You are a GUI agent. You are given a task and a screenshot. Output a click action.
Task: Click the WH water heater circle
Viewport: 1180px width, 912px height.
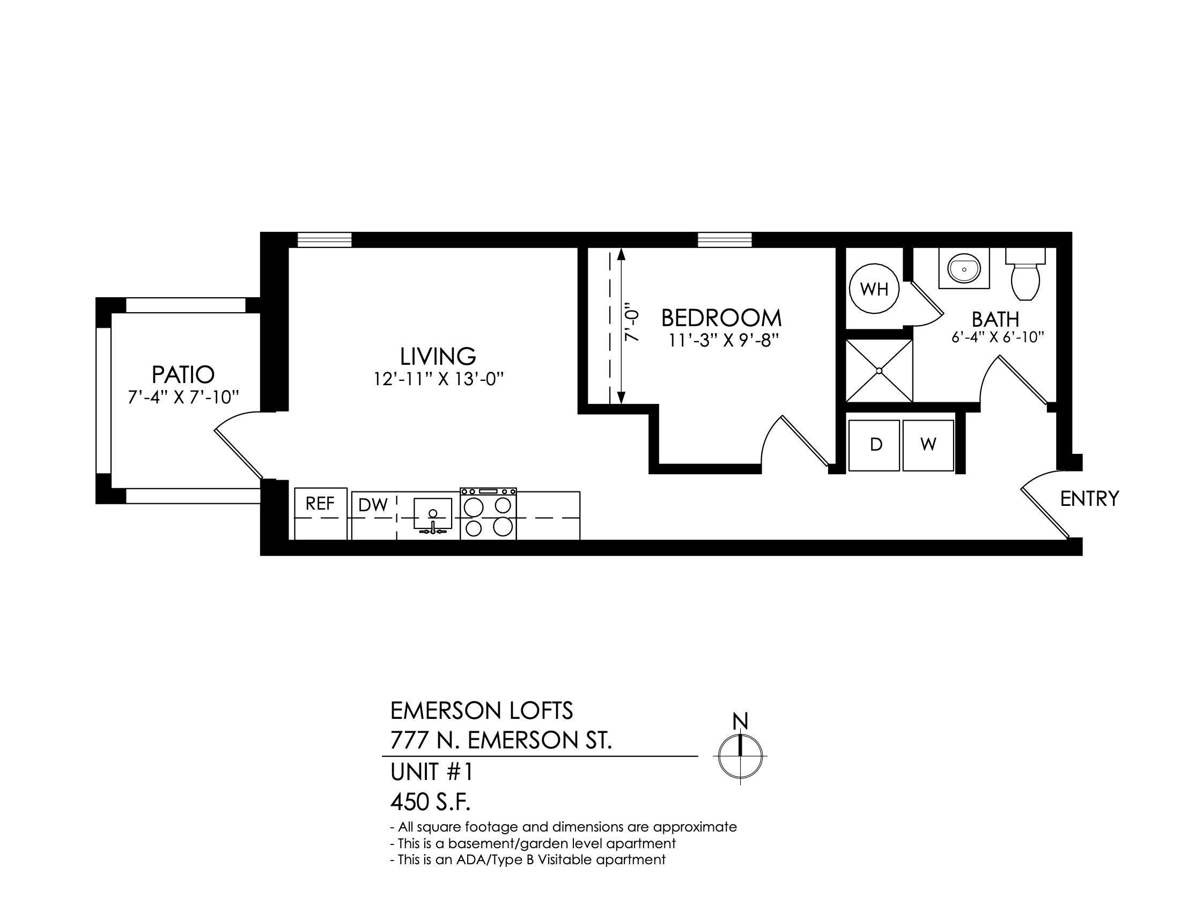pos(874,289)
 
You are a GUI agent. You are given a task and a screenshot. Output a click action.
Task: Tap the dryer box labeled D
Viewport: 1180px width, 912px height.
pos(874,445)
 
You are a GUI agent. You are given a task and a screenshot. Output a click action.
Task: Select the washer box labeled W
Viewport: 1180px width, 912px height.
pos(928,445)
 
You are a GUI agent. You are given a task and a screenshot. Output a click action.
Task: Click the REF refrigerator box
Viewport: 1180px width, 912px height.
pos(320,513)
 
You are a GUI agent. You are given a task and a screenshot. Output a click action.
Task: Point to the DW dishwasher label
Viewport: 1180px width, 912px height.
pos(373,505)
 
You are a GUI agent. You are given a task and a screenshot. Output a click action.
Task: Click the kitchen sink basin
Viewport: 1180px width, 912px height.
pos(433,513)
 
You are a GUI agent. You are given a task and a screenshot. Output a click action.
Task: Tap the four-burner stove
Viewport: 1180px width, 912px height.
pos(489,514)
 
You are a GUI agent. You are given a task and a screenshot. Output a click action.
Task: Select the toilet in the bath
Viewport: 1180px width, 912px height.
pos(1026,275)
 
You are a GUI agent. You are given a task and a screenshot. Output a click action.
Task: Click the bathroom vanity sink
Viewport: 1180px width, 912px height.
pos(964,269)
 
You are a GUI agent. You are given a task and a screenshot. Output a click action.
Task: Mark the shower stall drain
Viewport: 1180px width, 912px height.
pos(879,371)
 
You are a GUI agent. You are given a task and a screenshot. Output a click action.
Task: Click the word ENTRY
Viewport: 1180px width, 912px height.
pos(1089,499)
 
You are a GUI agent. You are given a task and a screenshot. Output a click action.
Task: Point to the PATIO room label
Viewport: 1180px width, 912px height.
pos(183,374)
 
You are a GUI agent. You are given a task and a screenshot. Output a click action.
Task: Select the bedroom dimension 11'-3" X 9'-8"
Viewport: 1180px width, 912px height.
pos(721,341)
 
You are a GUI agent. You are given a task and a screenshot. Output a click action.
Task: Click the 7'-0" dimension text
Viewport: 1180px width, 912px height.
pos(632,325)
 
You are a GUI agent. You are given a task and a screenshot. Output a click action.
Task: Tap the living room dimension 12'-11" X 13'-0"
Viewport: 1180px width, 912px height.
pos(438,379)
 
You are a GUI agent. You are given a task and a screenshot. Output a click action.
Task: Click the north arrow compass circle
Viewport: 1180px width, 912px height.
pos(740,756)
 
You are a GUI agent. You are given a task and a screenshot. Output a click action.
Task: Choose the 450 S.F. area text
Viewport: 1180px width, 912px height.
pos(431,803)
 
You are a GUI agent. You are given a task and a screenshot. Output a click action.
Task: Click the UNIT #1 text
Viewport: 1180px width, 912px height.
pos(432,773)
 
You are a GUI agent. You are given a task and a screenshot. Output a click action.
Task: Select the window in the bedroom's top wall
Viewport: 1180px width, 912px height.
pos(725,239)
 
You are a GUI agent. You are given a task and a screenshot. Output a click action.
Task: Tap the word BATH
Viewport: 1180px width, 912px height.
pos(995,319)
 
